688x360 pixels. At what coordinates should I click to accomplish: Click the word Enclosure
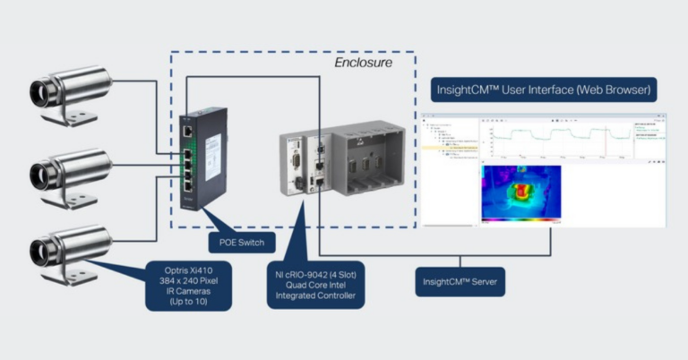tap(363, 64)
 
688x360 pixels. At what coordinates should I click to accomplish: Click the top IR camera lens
tap(40, 90)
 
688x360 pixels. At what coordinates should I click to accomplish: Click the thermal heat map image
tap(520, 193)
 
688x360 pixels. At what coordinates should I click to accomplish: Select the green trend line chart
tap(555, 139)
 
